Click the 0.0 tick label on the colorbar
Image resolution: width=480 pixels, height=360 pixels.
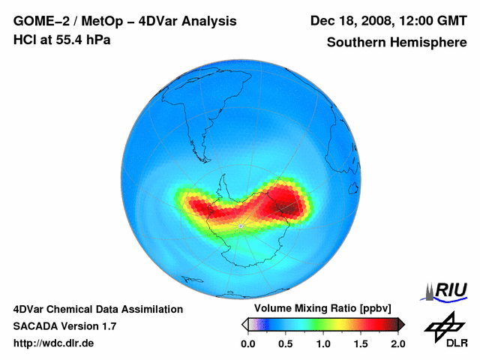tap(248, 343)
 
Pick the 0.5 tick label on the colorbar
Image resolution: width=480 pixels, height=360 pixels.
tap(286, 343)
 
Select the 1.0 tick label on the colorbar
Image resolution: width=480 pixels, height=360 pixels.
tap(323, 343)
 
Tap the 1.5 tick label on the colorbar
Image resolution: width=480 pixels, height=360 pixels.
tap(361, 343)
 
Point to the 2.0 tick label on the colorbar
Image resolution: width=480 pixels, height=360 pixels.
tap(397, 343)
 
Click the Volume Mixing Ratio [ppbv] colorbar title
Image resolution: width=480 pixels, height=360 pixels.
tap(320, 309)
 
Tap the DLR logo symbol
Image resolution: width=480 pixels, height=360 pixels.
tap(444, 326)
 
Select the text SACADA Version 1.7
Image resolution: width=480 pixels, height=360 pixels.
tap(64, 326)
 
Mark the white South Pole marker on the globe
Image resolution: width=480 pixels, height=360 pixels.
tap(240, 226)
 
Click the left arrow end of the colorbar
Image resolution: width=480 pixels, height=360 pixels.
tap(244, 324)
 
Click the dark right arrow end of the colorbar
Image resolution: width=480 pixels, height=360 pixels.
tap(401, 324)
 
